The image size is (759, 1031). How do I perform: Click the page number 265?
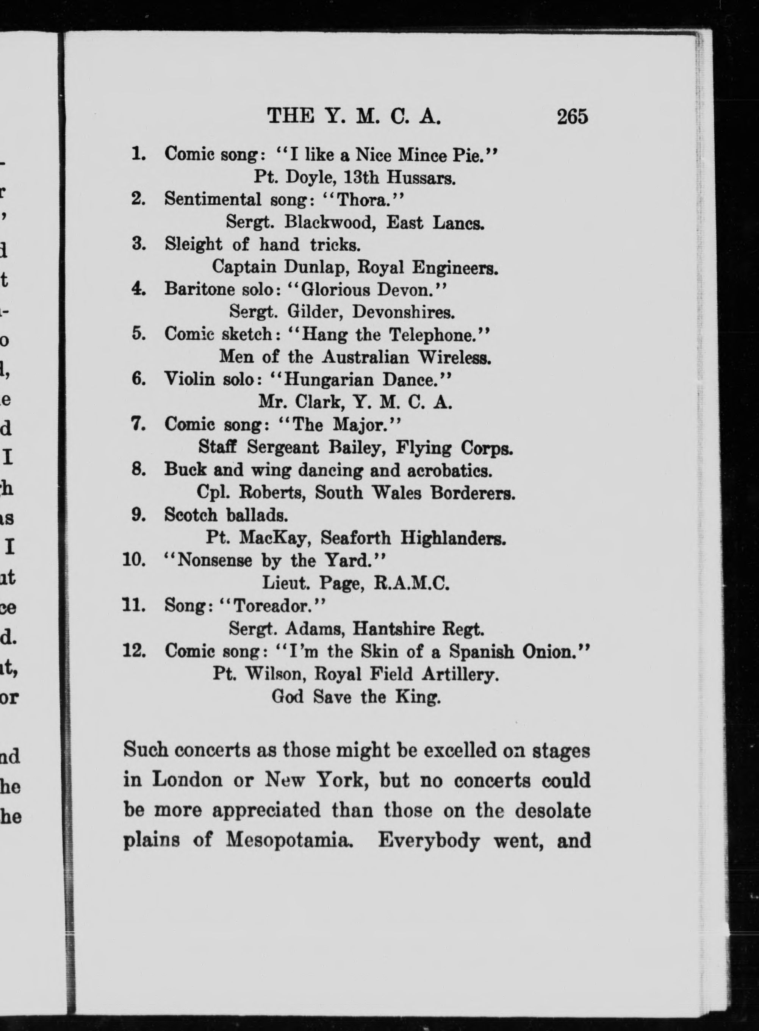pos(572,117)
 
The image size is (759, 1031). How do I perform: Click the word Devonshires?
pos(404,312)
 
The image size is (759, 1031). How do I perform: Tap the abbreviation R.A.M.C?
pos(412,583)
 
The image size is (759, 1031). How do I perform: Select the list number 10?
pos(134,561)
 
